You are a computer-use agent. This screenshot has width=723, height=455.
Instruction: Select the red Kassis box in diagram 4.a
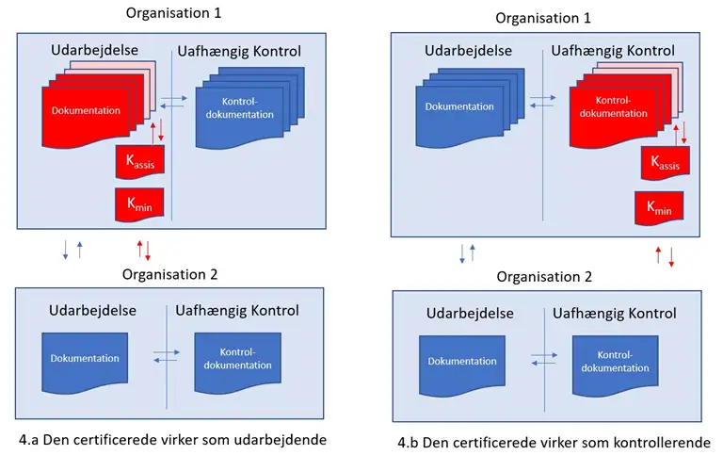click(x=139, y=162)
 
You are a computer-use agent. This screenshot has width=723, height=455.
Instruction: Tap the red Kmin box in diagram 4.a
click(x=139, y=202)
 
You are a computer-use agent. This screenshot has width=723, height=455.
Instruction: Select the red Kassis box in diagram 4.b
click(x=665, y=162)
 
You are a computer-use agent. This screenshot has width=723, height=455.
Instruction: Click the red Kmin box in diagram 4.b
click(x=659, y=205)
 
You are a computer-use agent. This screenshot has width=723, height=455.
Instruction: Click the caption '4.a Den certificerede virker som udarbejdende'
click(x=173, y=439)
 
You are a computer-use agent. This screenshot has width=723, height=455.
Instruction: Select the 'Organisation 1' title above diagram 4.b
click(x=543, y=18)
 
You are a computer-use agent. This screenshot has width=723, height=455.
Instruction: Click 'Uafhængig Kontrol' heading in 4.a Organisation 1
click(x=240, y=50)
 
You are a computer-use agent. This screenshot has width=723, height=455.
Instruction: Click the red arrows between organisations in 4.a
click(x=144, y=250)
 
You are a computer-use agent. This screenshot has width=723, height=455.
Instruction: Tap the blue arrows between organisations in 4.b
click(x=467, y=252)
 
